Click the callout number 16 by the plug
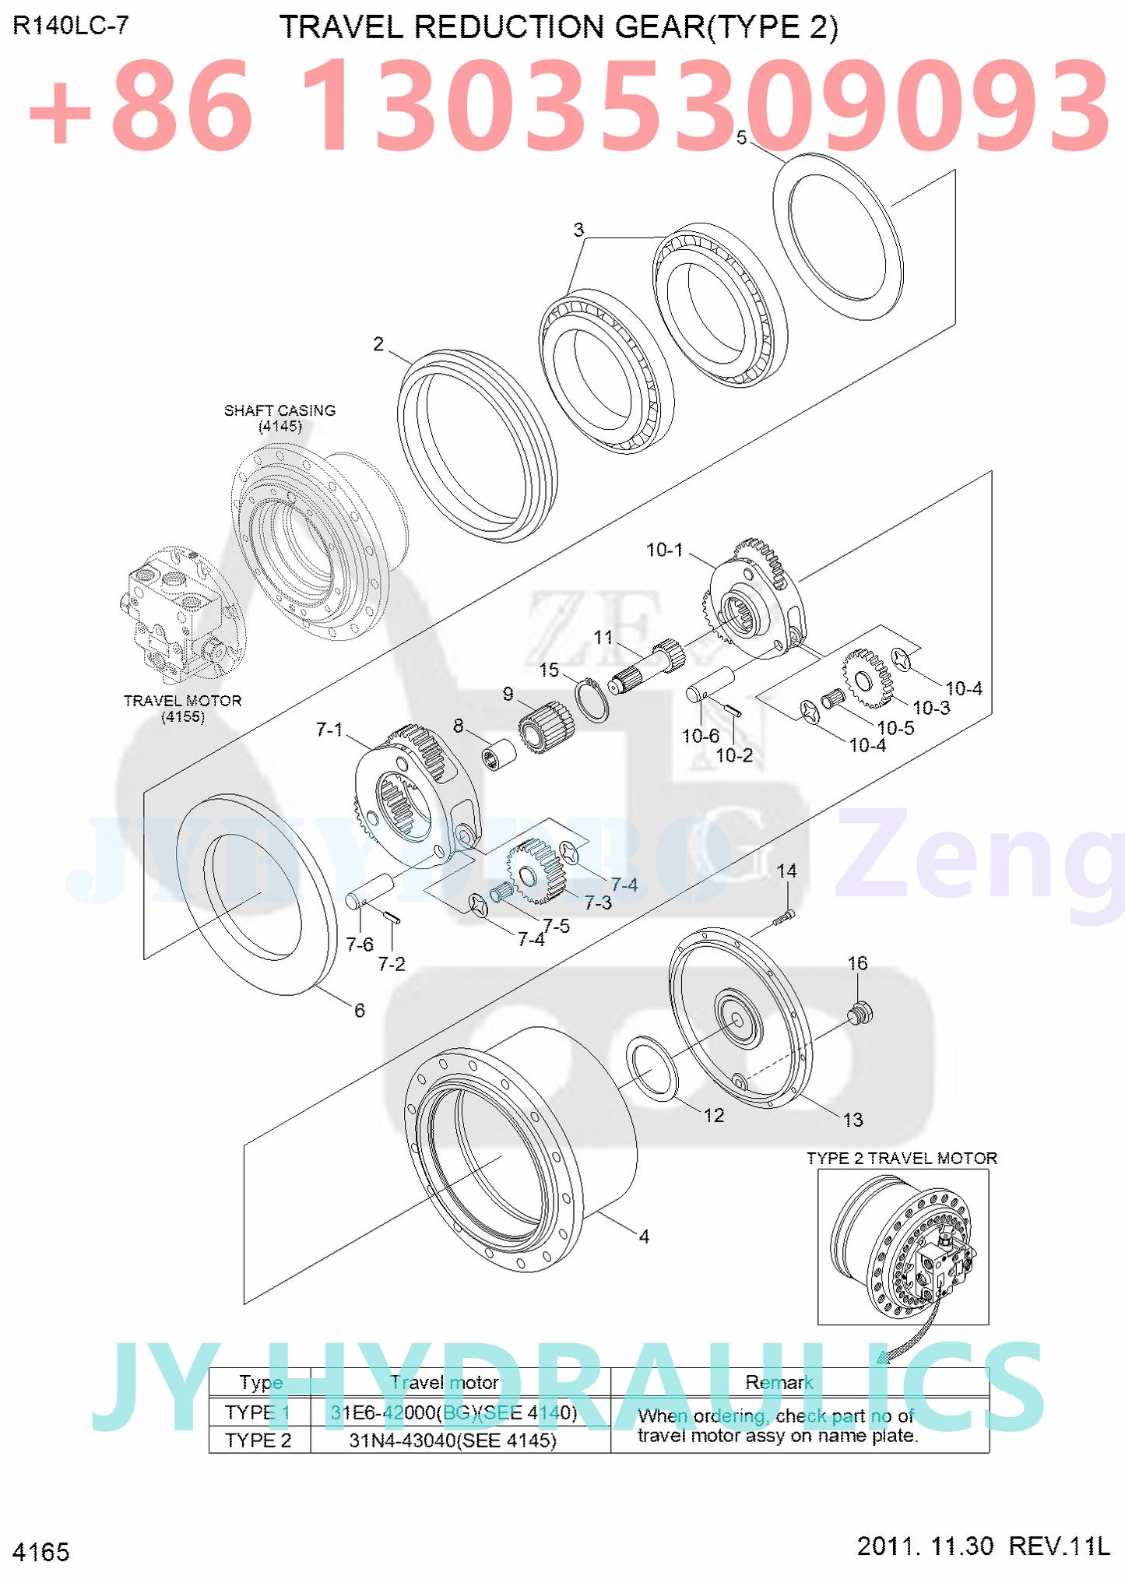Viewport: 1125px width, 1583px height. coord(856,963)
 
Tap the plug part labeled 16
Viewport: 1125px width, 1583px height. coord(860,1014)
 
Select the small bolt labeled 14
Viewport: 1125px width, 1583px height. coord(784,918)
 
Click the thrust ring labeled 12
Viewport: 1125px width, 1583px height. coord(652,1068)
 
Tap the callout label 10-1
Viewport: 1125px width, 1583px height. coord(664,550)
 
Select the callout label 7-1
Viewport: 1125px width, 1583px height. coord(329,730)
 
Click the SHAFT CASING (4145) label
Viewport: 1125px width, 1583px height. coord(279,418)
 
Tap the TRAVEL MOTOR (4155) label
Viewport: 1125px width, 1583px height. coord(182,708)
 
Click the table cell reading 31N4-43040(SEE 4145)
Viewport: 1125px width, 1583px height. coord(452,1440)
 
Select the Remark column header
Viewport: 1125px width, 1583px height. coord(779,1382)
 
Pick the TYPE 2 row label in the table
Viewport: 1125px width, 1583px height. coord(258,1440)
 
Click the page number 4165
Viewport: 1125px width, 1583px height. coord(41,1552)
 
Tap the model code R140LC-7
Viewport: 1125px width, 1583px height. coord(70,26)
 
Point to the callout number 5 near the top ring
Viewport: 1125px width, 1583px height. coord(741,138)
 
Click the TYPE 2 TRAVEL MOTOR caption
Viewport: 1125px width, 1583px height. coord(902,1158)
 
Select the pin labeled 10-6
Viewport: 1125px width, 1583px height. coord(710,682)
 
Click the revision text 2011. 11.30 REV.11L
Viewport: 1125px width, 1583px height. coord(983,1546)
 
